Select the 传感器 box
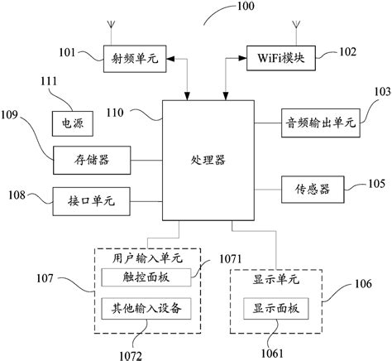tap(313, 188)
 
